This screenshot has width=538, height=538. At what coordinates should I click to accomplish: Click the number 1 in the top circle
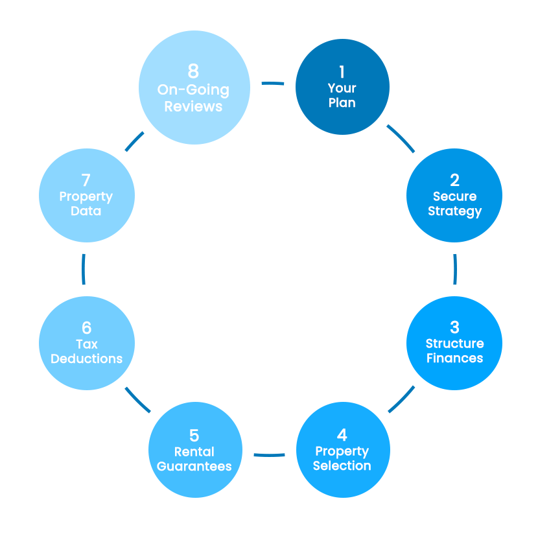pyautogui.click(x=342, y=72)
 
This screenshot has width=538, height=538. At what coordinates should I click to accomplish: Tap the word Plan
pyautogui.click(x=342, y=102)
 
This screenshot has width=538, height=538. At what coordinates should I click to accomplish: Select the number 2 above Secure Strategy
pyautogui.click(x=454, y=180)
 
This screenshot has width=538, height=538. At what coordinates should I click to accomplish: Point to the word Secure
pyautogui.click(x=454, y=196)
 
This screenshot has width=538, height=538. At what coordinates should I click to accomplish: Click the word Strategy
pyautogui.click(x=454, y=211)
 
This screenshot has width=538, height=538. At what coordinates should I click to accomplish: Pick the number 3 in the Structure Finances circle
pyautogui.click(x=454, y=327)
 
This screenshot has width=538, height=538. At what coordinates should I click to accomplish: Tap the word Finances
pyautogui.click(x=454, y=358)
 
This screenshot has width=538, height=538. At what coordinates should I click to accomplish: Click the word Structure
pyautogui.click(x=454, y=344)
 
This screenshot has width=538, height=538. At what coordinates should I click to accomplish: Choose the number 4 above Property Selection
pyautogui.click(x=342, y=434)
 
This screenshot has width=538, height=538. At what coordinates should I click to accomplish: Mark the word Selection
pyautogui.click(x=342, y=465)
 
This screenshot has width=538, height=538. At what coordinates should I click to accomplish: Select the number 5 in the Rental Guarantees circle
pyautogui.click(x=194, y=435)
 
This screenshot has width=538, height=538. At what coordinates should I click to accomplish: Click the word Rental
pyautogui.click(x=194, y=452)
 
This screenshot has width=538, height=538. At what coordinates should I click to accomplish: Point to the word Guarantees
pyautogui.click(x=194, y=466)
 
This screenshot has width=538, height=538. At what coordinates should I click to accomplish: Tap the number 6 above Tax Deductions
pyautogui.click(x=87, y=327)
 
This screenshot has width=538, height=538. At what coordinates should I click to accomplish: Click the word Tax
pyautogui.click(x=87, y=344)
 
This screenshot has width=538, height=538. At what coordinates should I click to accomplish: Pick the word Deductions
pyautogui.click(x=87, y=358)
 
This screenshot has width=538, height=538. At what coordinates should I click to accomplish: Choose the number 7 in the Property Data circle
pyautogui.click(x=86, y=180)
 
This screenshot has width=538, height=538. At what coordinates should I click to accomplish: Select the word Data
pyautogui.click(x=86, y=211)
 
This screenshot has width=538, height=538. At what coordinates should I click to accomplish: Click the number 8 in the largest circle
pyautogui.click(x=193, y=71)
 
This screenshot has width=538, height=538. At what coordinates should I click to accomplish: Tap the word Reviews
pyautogui.click(x=193, y=106)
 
